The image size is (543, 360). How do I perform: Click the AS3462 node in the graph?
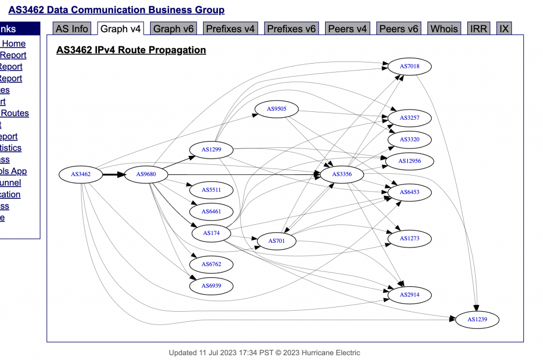pos(81,174)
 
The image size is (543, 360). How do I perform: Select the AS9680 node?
pos(146,174)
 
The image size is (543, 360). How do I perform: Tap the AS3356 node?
pos(342,174)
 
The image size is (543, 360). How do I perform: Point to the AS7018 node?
pos(409,67)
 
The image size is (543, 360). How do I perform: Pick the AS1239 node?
pos(477,320)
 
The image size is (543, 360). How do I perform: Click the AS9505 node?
pos(276,109)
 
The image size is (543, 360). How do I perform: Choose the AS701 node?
pos(276,241)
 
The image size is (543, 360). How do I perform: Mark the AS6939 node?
pos(211,286)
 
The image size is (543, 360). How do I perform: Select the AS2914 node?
pos(409,294)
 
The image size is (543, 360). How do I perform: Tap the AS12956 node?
pos(409,161)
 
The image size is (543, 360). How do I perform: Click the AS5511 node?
pos(211,190)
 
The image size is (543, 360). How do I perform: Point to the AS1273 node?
pos(409,239)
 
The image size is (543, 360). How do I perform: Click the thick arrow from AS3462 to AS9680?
pos(113,174)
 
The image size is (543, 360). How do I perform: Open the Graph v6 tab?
pos(173,29)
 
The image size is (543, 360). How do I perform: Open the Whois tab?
pos(444,29)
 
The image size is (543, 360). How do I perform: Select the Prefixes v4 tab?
pos(230,29)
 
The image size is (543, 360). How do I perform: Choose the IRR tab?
pos(478,29)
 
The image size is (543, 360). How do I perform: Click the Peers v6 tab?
pos(399,29)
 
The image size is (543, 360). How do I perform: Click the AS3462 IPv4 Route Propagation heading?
pos(131,50)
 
